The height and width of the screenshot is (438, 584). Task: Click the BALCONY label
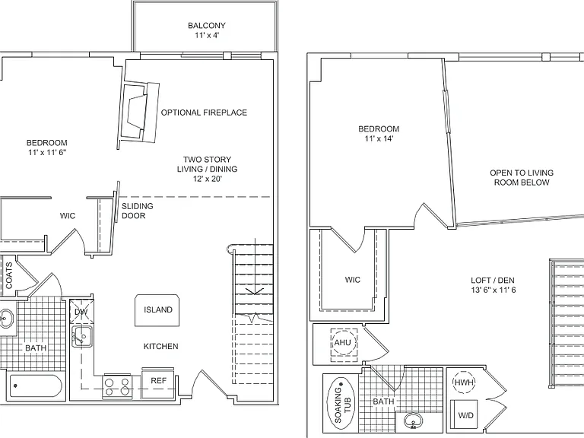click(x=206, y=26)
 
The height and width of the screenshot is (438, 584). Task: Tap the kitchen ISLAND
click(x=157, y=310)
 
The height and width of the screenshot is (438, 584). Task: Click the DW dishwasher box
click(x=81, y=311)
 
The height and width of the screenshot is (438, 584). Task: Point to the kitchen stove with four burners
click(x=116, y=386)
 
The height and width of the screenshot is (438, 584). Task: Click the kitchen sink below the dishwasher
click(x=81, y=336)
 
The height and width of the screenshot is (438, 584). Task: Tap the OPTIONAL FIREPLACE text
click(x=204, y=113)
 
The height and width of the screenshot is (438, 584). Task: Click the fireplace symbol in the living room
click(x=138, y=112)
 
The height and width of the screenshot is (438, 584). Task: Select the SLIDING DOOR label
click(x=137, y=211)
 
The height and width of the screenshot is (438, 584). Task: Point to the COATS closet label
click(x=9, y=275)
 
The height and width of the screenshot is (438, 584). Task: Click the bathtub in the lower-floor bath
click(x=36, y=386)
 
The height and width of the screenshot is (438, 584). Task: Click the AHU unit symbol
click(x=342, y=342)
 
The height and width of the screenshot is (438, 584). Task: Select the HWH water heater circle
click(x=464, y=382)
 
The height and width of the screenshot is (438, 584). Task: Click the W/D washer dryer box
click(x=464, y=414)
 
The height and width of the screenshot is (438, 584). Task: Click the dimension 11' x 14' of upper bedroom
click(x=379, y=138)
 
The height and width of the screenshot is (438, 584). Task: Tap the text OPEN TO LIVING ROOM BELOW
click(x=522, y=178)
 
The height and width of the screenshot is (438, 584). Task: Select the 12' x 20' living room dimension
click(x=207, y=179)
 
